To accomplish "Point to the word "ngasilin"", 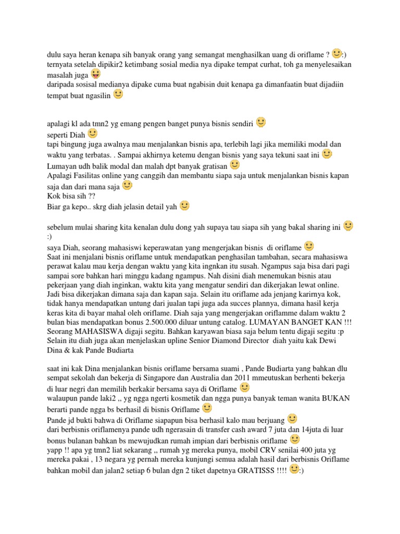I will [x=95, y=95].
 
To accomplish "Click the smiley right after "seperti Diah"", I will [x=93, y=133].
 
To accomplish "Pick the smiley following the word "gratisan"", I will [x=235, y=165].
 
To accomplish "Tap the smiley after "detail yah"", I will [x=184, y=205].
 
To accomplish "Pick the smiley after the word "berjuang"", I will [x=292, y=418].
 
